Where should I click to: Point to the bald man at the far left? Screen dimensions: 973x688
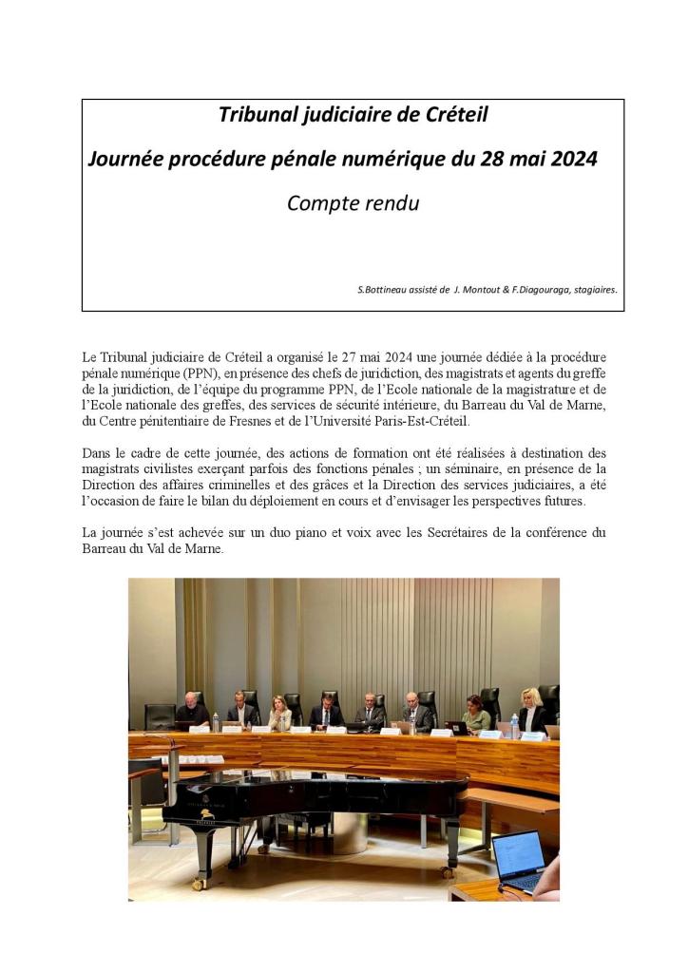pyautogui.click(x=193, y=710)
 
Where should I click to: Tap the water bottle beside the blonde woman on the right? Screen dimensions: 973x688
pyautogui.click(x=514, y=725)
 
